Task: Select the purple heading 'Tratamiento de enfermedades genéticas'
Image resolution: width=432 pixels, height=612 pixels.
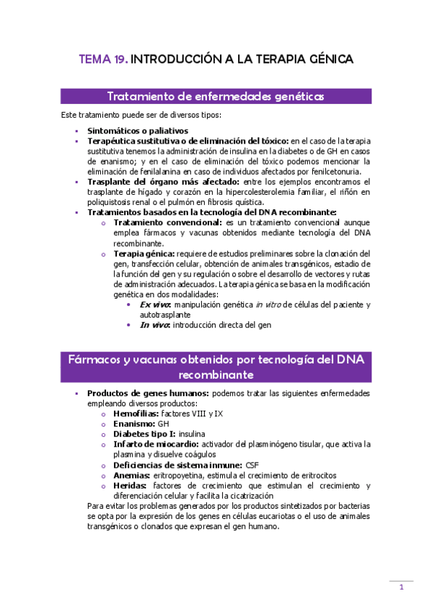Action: pyautogui.click(x=215, y=96)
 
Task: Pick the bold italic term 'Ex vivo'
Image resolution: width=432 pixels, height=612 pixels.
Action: pyautogui.click(x=155, y=305)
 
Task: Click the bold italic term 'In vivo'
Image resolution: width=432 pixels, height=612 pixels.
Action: pyautogui.click(x=154, y=325)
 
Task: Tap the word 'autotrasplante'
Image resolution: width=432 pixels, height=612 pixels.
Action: pyautogui.click(x=165, y=315)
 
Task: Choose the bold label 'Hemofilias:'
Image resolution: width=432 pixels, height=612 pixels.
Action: pyautogui.click(x=136, y=414)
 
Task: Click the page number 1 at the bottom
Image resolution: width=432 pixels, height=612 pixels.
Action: pyautogui.click(x=401, y=587)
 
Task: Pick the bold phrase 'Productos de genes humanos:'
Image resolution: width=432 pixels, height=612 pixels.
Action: pyautogui.click(x=147, y=393)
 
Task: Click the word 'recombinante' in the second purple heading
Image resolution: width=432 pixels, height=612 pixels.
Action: pyautogui.click(x=215, y=375)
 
